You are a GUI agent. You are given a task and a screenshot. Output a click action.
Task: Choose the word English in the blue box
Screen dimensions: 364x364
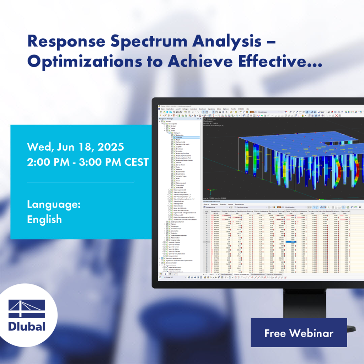(x=44, y=219)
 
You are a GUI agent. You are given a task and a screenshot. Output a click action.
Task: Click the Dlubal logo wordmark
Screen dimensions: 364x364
(x=27, y=326)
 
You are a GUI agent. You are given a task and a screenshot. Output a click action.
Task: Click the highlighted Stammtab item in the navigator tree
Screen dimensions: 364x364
(x=179, y=137)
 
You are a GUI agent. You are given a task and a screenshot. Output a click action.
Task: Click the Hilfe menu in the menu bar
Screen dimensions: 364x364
(x=247, y=109)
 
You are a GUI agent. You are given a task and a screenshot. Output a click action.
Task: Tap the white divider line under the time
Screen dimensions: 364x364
(x=80, y=182)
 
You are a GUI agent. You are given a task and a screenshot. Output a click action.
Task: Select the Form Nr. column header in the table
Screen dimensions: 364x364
(x=206, y=212)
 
